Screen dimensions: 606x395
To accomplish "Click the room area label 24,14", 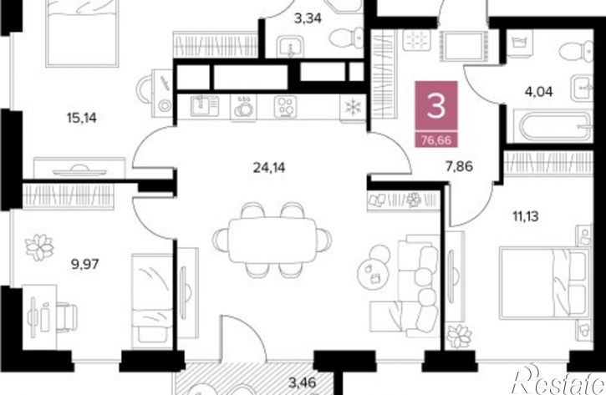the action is point(269,168).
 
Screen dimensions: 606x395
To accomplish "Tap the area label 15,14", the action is point(82,118).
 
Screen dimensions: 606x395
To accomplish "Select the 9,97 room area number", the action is point(85,265).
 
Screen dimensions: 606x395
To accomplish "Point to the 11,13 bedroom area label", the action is point(526,216).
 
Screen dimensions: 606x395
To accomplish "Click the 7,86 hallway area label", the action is point(459,167).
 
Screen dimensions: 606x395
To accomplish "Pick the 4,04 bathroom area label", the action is point(539,92).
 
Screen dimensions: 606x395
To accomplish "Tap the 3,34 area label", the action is point(308,18).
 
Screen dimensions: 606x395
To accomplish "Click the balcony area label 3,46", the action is point(303,382).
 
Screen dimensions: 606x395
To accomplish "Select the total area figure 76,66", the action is point(436,139).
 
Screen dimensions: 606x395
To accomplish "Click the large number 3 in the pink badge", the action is point(436,106).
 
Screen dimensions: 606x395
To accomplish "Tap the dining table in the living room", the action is point(272,241).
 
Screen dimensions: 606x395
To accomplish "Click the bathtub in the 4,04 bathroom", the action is point(553,126).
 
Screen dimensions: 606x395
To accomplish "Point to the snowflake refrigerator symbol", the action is point(353,107).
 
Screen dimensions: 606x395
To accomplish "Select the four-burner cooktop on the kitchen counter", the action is point(286,107).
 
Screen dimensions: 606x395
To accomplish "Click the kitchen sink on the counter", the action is point(204,106).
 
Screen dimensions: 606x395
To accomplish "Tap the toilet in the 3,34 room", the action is point(347,38).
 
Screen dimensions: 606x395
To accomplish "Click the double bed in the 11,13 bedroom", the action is point(545,284).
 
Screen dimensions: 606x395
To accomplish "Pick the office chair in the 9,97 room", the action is point(67,317).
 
